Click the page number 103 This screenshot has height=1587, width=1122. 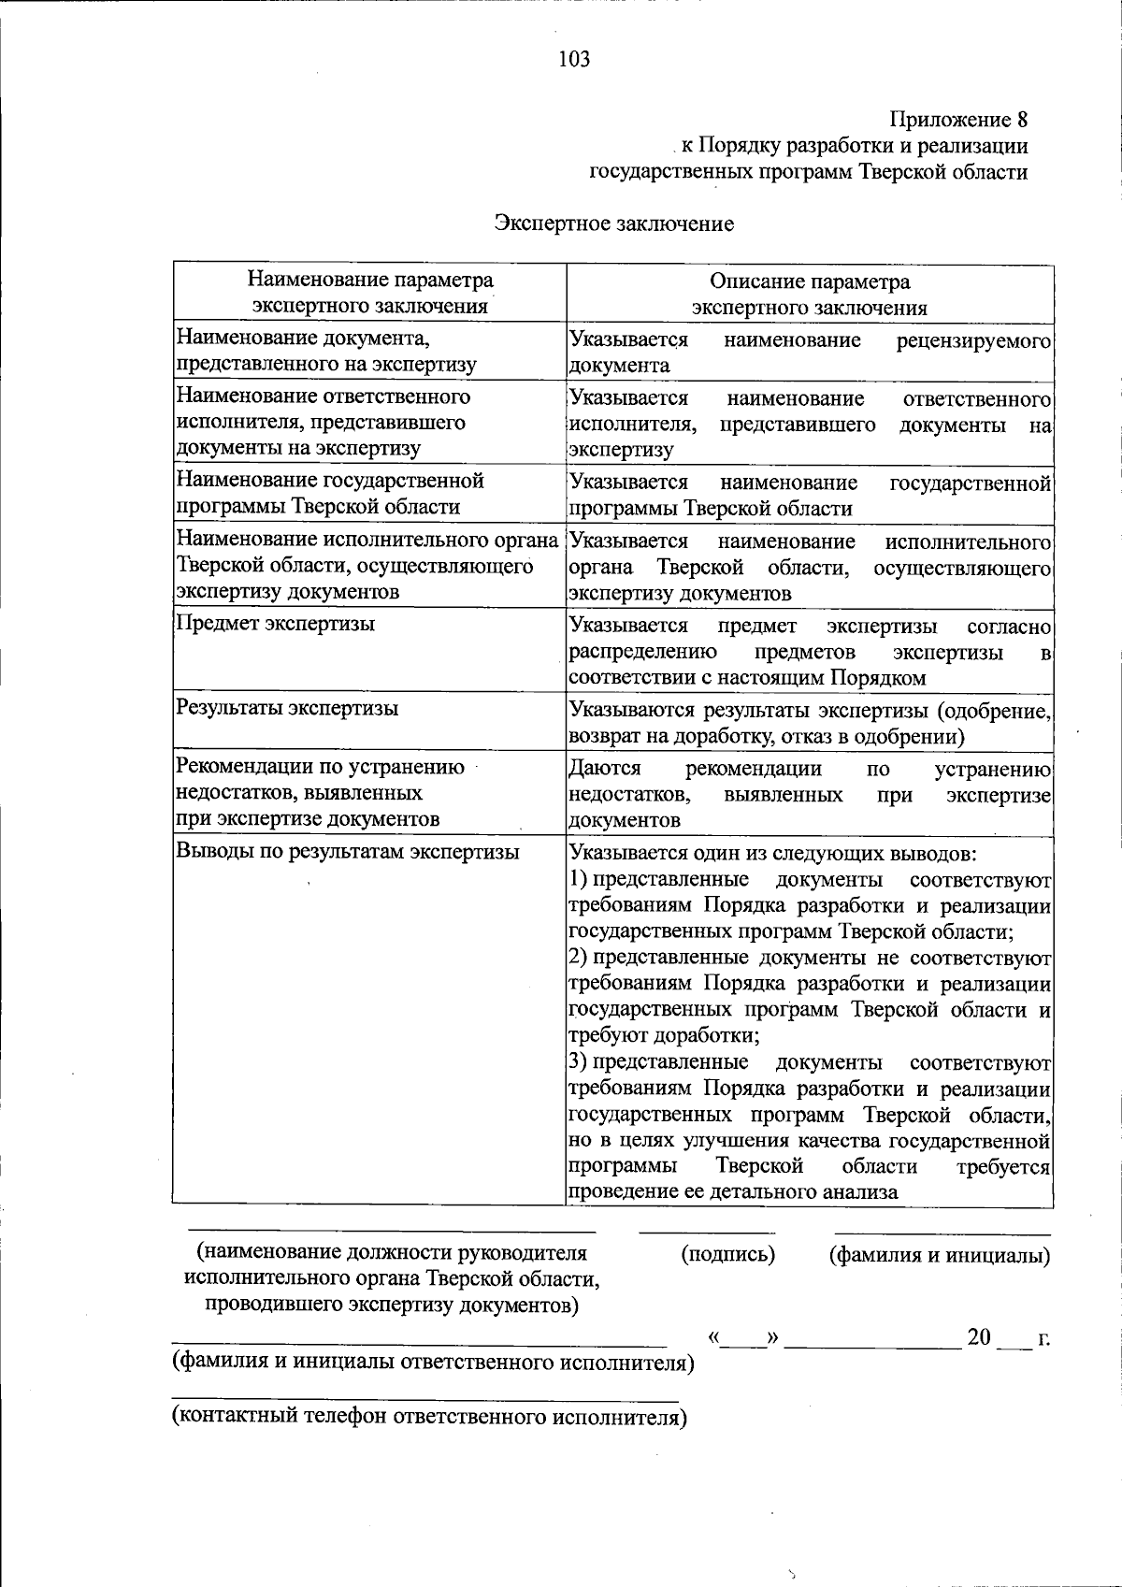574,60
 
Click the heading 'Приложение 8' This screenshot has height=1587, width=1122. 958,120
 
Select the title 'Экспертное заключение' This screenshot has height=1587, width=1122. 614,224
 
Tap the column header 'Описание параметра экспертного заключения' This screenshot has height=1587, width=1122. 809,295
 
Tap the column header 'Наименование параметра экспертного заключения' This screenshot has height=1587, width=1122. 370,293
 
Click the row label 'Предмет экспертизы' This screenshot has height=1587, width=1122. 276,624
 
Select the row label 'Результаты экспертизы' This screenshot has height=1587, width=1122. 288,708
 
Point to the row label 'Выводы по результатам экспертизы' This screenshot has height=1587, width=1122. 348,852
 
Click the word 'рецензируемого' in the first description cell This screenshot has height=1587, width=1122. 973,340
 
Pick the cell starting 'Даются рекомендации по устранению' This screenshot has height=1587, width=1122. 810,794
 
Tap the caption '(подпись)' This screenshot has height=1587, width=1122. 728,1254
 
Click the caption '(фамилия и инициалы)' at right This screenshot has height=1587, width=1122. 940,1255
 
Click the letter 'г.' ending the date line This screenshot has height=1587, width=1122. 1043,1338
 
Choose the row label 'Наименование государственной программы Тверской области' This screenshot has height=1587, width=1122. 331,494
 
